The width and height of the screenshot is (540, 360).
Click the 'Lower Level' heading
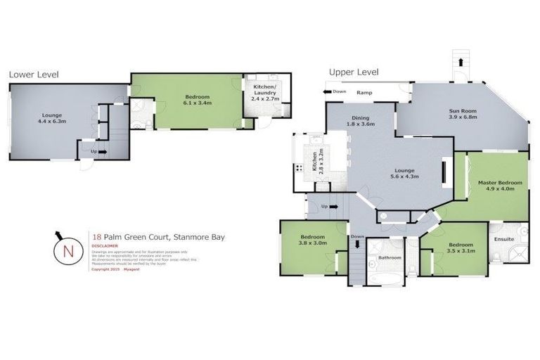(x=34, y=75)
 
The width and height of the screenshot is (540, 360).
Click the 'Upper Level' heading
(x=353, y=72)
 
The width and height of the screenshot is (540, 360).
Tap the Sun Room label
(x=463, y=114)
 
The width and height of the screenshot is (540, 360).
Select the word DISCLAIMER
(x=104, y=246)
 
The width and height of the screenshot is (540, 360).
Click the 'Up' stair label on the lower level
(x=94, y=151)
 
